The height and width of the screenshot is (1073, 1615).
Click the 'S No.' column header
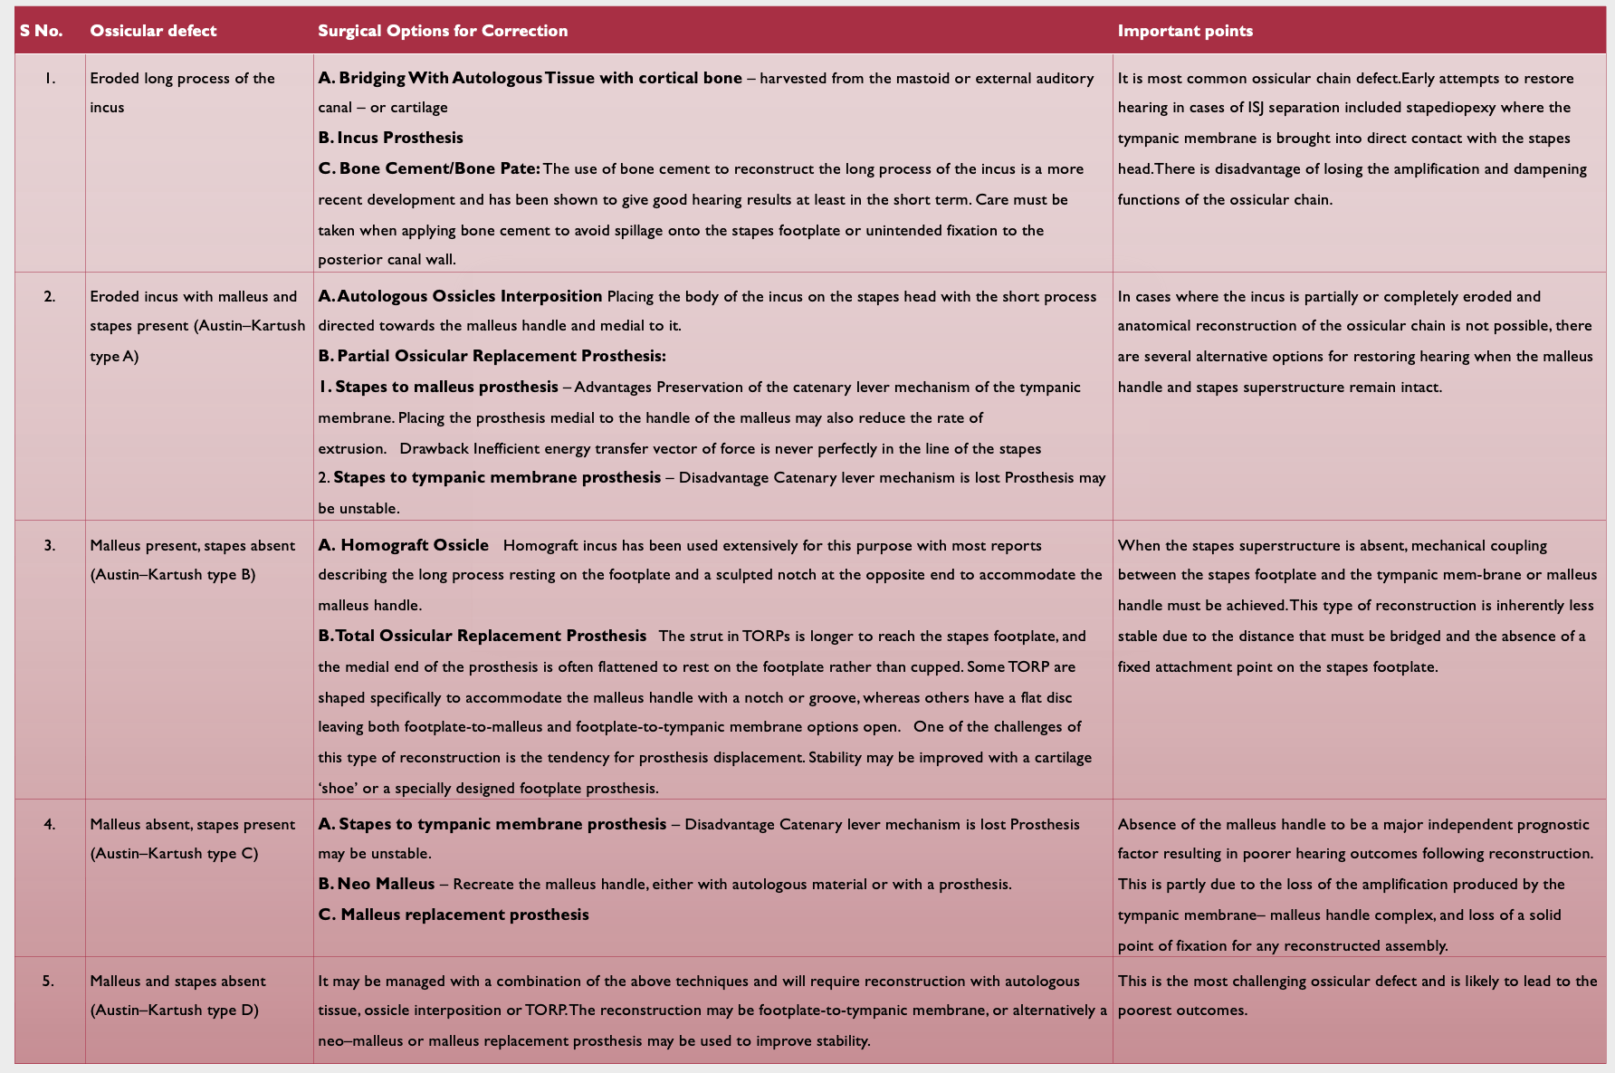pos(42,31)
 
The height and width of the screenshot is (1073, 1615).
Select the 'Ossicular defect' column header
pos(153,31)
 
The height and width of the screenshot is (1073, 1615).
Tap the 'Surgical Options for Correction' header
pos(443,31)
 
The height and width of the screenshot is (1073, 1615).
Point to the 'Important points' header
pos(1185,31)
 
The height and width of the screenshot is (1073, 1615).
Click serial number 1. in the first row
pos(50,79)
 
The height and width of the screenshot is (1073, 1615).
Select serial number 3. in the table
pos(50,545)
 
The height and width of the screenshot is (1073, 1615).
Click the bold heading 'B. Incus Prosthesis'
pos(390,138)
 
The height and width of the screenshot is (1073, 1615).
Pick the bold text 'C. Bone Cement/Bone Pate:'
pos(429,168)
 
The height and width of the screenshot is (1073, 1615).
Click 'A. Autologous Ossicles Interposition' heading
pos(460,296)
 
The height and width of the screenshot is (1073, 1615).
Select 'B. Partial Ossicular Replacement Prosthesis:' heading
pos(492,356)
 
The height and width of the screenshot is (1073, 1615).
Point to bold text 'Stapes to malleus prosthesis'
pos(446,387)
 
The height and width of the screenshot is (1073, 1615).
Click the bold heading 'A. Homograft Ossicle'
pos(403,545)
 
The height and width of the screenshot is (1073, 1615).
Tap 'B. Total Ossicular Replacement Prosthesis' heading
pos(482,636)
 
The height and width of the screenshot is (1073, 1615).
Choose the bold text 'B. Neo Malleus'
pos(377,884)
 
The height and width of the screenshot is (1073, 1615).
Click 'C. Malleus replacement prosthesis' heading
pos(453,915)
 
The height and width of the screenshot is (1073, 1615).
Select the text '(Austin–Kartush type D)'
pos(174,1011)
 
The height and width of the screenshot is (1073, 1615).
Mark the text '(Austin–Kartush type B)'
pos(173,575)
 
